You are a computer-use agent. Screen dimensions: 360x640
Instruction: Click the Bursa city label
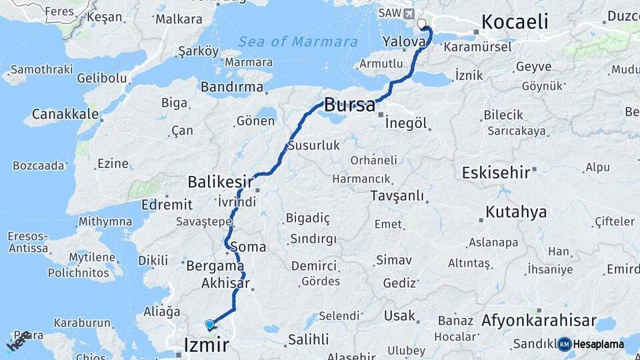click(x=349, y=105)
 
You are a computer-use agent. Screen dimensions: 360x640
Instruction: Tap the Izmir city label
click(x=206, y=345)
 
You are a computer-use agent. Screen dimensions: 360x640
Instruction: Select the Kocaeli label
click(x=515, y=21)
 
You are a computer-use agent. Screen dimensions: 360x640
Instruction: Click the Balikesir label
click(x=220, y=181)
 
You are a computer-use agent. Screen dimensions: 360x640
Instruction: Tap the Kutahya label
click(x=516, y=212)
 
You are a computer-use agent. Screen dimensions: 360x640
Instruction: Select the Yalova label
click(x=404, y=41)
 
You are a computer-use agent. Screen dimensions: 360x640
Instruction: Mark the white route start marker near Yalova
click(x=421, y=25)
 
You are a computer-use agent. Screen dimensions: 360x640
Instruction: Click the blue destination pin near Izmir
click(x=210, y=325)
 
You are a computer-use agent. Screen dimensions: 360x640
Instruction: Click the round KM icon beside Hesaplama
click(x=564, y=344)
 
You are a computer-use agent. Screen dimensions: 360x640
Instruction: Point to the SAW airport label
click(x=389, y=13)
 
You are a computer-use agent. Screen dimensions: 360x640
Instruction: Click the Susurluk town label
click(x=314, y=145)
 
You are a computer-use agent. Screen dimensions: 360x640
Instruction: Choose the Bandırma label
click(x=232, y=87)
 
